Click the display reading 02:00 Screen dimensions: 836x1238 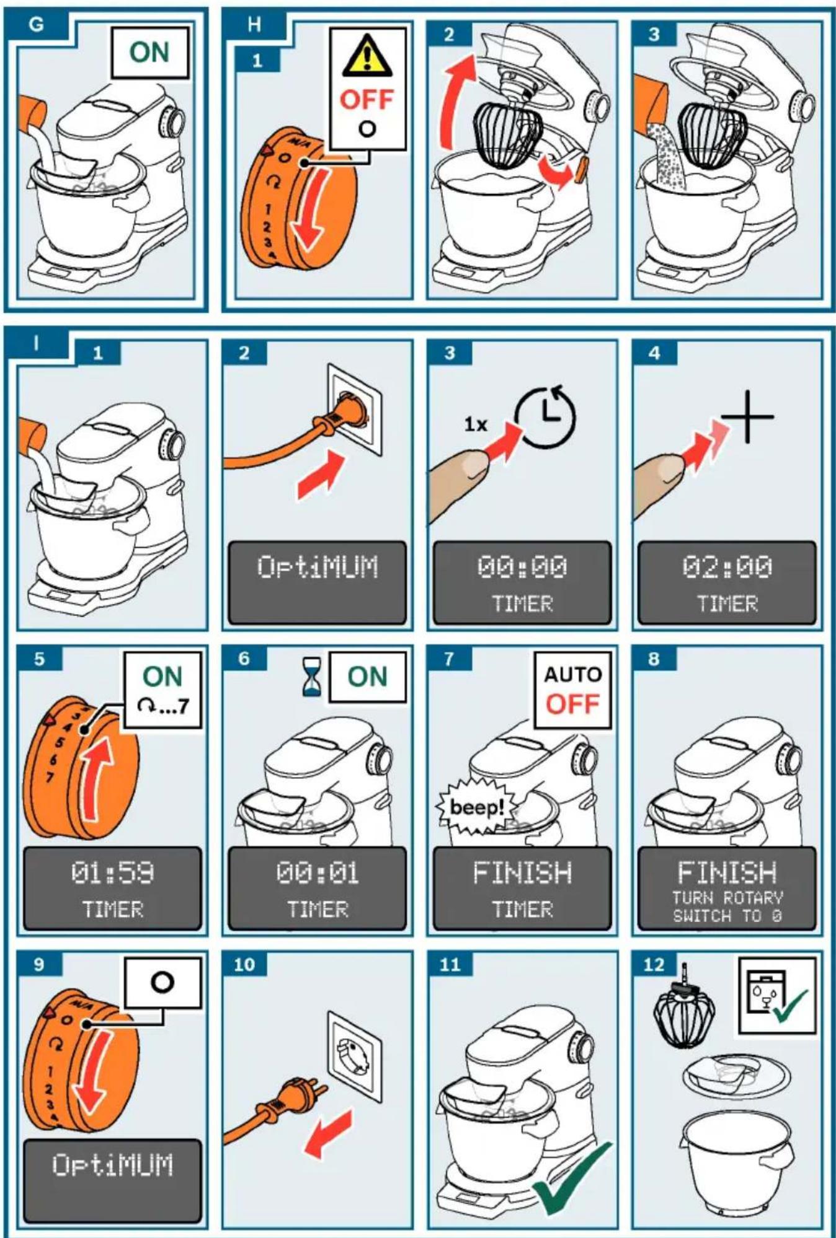(x=727, y=582)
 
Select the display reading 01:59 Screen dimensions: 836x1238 (x=112, y=889)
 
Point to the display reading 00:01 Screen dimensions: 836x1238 (x=317, y=889)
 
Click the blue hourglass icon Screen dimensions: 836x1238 (x=312, y=677)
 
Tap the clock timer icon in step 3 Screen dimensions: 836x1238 (x=546, y=417)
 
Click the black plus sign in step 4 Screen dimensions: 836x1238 (x=748, y=416)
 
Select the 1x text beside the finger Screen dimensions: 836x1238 (x=476, y=424)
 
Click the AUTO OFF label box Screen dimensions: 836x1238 (x=572, y=690)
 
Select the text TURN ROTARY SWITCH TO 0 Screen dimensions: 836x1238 (x=727, y=907)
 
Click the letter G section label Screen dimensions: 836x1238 (x=37, y=25)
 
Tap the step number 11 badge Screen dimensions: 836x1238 (x=450, y=964)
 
